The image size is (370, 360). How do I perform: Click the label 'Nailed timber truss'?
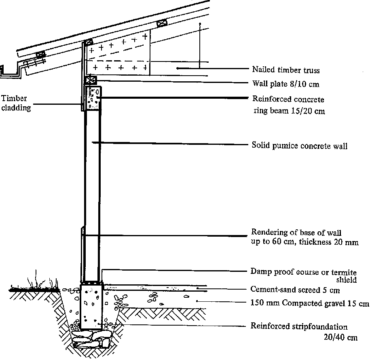[286, 70]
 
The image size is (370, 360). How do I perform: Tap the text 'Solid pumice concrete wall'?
[299, 146]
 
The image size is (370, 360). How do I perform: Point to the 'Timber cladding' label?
[16, 103]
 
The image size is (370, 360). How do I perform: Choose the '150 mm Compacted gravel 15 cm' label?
[310, 303]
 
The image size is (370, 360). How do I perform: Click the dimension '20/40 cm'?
[341, 337]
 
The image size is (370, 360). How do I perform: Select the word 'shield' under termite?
[347, 280]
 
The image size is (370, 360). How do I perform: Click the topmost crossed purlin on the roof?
[163, 23]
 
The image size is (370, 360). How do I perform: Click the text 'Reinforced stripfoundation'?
[299, 326]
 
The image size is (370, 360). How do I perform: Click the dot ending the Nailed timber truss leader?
[177, 70]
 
